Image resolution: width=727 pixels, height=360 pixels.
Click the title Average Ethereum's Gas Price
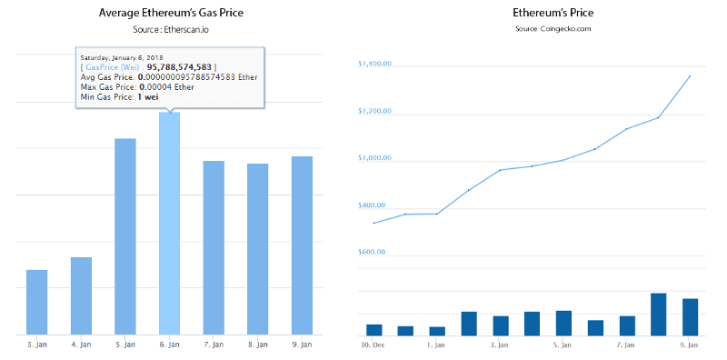tap(172, 13)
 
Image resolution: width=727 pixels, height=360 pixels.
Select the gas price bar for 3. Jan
tap(37, 302)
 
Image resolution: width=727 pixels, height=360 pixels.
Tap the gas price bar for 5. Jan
tap(125, 236)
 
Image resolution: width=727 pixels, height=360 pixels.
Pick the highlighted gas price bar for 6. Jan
tap(169, 223)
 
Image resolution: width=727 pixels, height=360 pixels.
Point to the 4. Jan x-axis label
tap(81, 345)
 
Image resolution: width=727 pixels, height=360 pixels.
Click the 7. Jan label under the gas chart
tap(214, 345)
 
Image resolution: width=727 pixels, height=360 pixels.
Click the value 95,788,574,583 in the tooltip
tap(179, 67)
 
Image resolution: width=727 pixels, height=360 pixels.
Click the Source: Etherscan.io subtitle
tap(172, 30)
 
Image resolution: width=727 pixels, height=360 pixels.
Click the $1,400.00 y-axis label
tap(374, 65)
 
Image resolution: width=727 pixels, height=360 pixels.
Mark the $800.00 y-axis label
tap(374, 205)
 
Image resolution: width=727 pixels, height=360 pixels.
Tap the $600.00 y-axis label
tap(374, 252)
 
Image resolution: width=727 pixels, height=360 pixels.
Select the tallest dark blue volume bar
tap(659, 314)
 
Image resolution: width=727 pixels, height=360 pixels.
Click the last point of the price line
tap(690, 76)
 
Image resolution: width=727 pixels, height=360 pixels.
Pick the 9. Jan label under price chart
tap(688, 345)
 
